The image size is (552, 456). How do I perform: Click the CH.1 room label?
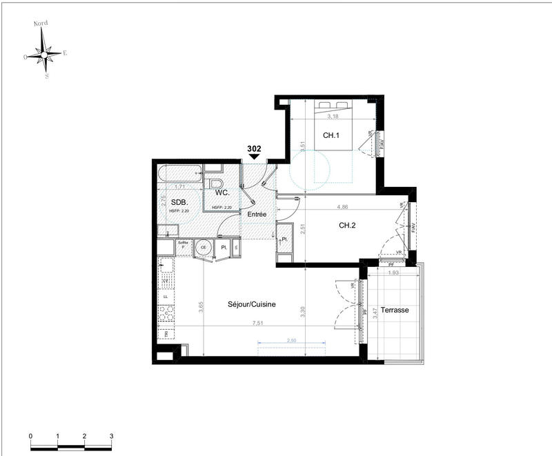click(332, 135)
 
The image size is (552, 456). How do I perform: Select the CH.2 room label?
click(348, 225)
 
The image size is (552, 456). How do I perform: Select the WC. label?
click(221, 193)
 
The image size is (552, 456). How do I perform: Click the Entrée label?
click(257, 215)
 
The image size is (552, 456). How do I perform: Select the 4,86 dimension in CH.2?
click(342, 206)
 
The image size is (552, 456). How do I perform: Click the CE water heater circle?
click(204, 248)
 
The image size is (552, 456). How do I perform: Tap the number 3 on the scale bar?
click(111, 437)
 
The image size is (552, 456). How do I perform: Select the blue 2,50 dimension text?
click(291, 341)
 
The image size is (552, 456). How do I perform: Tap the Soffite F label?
click(184, 245)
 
